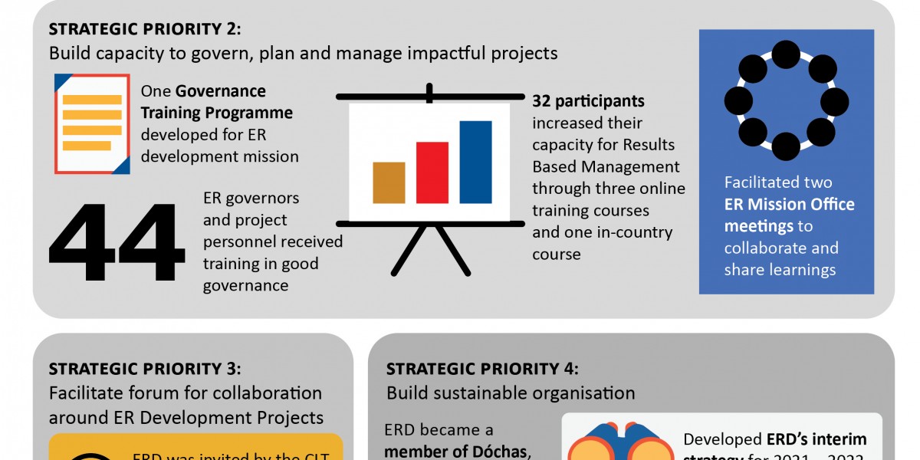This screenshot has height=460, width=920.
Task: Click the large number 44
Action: point(117,244)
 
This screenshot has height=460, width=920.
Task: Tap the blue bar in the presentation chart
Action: point(475,162)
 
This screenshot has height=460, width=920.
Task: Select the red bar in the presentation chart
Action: point(432,172)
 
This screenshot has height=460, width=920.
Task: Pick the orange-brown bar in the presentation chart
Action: point(389,182)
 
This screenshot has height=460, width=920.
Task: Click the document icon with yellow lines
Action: point(92,123)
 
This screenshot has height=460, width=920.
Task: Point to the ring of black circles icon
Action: point(786,100)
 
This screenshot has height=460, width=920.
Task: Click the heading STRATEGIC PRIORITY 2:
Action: point(145,29)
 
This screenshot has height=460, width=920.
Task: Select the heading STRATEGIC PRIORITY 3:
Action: point(145,369)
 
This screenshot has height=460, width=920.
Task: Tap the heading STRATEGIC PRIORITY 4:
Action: point(483,369)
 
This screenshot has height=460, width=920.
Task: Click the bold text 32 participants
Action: point(588,101)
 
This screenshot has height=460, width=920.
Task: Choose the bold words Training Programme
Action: point(216,113)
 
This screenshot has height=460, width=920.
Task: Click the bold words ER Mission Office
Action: point(789,205)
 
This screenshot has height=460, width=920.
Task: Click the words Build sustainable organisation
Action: point(511,393)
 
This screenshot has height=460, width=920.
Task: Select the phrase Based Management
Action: point(606,166)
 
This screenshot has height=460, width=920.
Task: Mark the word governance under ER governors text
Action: point(245,285)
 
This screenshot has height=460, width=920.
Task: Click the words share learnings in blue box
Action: point(780,270)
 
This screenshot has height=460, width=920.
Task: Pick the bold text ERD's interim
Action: point(816,439)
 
